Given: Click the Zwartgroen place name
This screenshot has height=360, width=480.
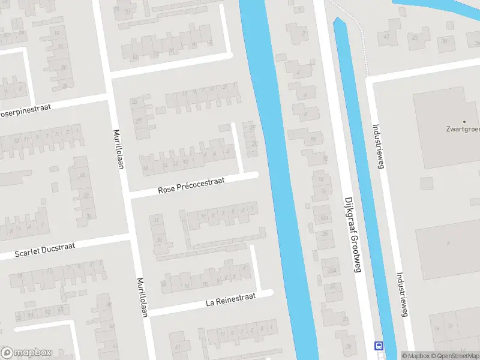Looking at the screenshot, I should [x=463, y=128].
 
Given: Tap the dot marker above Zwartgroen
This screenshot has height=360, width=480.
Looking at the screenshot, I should [x=464, y=121].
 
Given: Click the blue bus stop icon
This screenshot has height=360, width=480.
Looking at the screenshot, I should [x=379, y=346].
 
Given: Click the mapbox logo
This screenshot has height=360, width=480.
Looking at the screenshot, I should [x=26, y=353].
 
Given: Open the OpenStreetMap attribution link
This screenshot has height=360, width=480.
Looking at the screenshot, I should [x=454, y=356].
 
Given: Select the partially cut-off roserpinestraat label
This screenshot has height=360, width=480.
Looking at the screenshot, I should [x=25, y=112].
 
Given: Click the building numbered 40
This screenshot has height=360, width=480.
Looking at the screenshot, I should [x=414, y=38].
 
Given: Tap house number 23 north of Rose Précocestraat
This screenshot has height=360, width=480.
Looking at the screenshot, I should [x=135, y=103].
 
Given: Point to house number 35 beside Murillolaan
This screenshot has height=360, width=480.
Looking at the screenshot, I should [x=159, y=239].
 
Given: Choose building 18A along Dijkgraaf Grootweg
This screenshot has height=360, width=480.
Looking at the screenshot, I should [x=324, y=217].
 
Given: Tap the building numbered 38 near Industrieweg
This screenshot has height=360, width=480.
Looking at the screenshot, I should [x=445, y=41].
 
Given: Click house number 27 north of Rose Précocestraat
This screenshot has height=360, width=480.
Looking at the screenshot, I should [x=139, y=122].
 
